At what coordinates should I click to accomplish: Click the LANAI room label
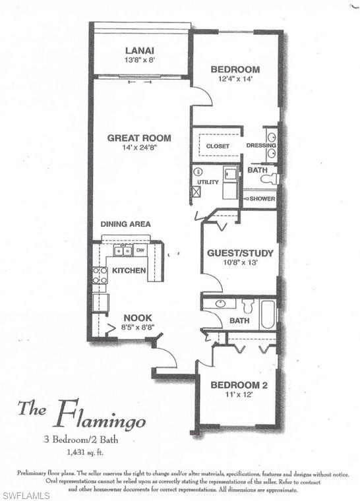139,50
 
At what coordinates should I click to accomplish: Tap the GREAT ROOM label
140,138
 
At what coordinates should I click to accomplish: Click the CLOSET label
218,146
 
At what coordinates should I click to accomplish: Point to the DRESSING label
256,145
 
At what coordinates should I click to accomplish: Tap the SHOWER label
262,198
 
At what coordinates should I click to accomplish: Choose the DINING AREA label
126,224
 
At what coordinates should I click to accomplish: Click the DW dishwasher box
140,250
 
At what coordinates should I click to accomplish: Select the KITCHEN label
129,270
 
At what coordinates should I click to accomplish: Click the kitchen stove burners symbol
100,275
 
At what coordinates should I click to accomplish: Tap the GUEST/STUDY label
240,252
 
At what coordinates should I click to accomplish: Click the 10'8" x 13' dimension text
240,262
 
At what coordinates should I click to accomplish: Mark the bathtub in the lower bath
268,314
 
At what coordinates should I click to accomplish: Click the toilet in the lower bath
248,306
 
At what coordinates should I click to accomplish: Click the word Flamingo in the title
100,417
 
